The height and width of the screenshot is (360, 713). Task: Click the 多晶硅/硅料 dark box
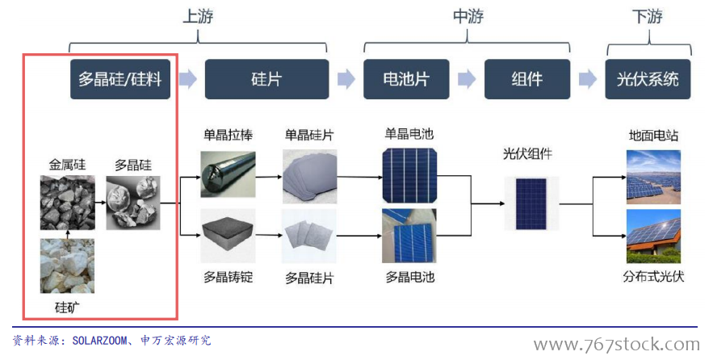pos(121,79)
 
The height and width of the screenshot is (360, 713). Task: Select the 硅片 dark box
pos(266,79)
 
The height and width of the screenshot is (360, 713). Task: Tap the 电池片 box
pos(405,79)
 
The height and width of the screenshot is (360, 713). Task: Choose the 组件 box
pos(526,79)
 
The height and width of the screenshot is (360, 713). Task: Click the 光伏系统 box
pos(648,79)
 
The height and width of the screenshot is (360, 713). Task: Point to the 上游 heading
pos(198,17)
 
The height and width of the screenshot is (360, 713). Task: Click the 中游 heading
pos(468,17)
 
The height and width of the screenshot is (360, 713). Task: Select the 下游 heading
pos(648,17)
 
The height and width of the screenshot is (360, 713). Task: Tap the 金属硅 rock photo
pos(67,203)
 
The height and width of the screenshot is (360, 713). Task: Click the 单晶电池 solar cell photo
pos(410,174)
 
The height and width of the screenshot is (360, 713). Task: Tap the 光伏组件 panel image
pos(526,203)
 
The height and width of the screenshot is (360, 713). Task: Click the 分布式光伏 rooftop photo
pos(653,236)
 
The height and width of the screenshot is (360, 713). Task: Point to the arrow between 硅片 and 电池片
pos(346,79)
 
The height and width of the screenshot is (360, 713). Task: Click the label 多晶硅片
pos(308,278)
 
